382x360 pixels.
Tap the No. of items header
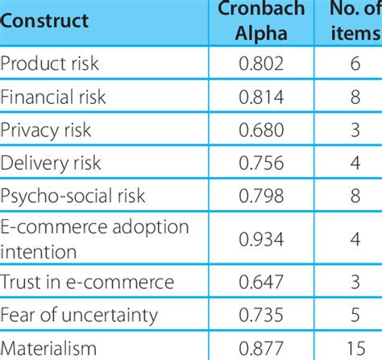(x=351, y=19)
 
